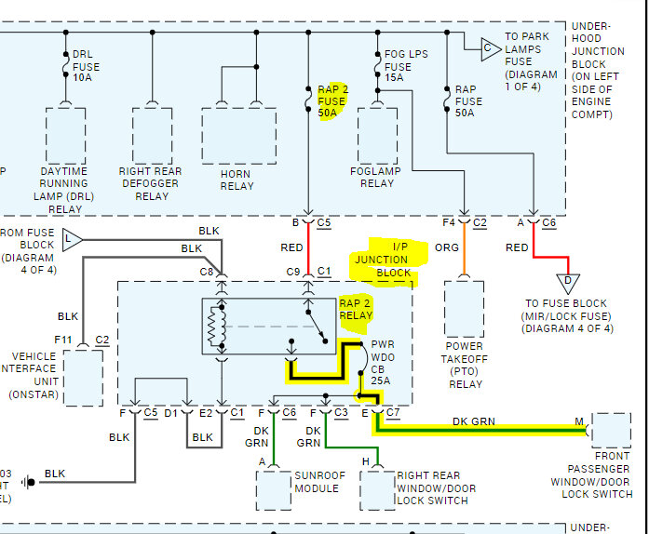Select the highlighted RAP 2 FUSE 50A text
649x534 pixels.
coord(332,100)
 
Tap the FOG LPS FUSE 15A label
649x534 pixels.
coord(405,67)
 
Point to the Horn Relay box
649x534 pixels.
coord(237,136)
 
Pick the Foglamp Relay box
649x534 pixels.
coord(377,136)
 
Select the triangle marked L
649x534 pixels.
coord(72,241)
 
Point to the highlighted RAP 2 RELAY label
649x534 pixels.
coord(355,310)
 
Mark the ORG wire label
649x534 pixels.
coord(447,247)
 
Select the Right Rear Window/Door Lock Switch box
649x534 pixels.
coord(378,489)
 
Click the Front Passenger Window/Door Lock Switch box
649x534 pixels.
coord(611,431)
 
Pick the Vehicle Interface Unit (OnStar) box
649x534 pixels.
coord(82,375)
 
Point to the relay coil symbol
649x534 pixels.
coord(217,327)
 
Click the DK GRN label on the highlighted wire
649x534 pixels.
coord(474,421)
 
